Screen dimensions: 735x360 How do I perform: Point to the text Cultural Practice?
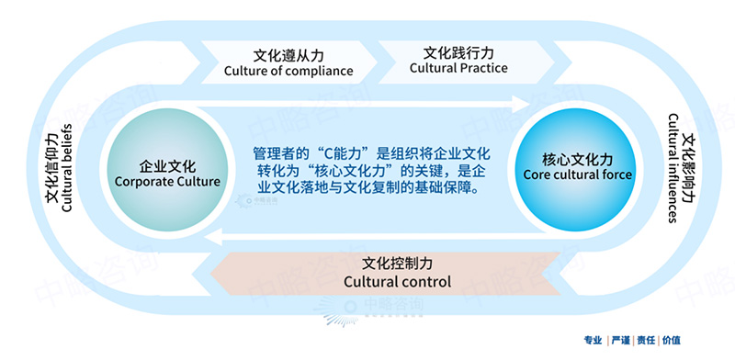tap(458, 68)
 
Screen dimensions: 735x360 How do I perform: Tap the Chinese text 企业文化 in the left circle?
tap(166, 166)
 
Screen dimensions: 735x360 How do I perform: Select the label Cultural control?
tap(397, 282)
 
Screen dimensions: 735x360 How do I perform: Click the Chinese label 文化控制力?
tap(397, 263)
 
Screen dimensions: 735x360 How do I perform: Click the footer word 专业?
tap(594, 341)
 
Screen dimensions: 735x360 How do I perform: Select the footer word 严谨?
tap(623, 341)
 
